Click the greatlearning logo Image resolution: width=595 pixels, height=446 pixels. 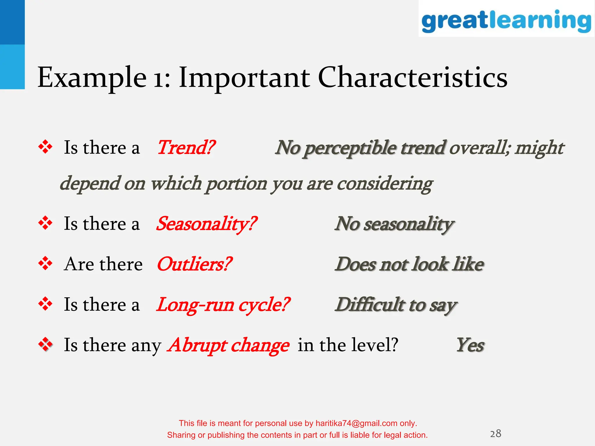coord(506,20)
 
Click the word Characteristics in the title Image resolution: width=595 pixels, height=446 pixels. coord(413,77)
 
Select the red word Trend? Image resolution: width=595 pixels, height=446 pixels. coord(186,148)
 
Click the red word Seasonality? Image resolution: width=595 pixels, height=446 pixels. coord(206,224)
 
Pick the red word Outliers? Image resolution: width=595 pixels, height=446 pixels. coord(194,264)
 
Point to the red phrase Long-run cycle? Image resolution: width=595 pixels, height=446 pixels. coord(223,305)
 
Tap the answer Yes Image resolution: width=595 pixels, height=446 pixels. coord(470,345)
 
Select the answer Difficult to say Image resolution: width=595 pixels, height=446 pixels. coord(396,305)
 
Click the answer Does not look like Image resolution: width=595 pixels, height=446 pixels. coord(409,264)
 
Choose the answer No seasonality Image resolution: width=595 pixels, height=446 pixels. coord(394,224)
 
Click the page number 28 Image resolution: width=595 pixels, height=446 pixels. coord(495,434)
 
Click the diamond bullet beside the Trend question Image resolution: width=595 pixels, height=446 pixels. coord(45,147)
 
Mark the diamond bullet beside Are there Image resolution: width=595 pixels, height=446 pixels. coord(45,264)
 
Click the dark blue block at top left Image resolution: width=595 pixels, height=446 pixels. coord(12,22)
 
